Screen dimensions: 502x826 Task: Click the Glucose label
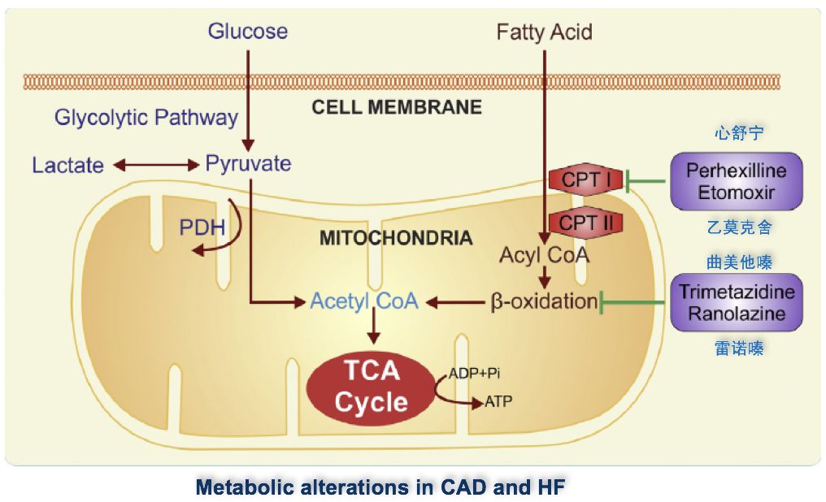(x=248, y=32)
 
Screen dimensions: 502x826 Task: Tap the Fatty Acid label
(x=544, y=32)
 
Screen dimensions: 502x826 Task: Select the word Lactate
(x=68, y=166)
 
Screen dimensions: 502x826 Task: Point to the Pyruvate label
(x=248, y=163)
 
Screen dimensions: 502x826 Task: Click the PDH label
(x=202, y=227)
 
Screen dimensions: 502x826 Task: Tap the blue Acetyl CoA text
(x=363, y=301)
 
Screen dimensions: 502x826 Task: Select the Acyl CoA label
(x=544, y=255)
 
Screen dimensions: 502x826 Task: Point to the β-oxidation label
(x=544, y=301)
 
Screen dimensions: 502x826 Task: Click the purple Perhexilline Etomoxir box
(x=736, y=183)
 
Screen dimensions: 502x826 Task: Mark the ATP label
(x=498, y=401)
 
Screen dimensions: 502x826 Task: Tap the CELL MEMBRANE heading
(x=397, y=107)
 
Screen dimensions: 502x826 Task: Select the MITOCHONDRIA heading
(x=396, y=238)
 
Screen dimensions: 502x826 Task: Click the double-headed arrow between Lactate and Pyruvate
(x=156, y=166)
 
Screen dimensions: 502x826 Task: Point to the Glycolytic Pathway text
(x=146, y=118)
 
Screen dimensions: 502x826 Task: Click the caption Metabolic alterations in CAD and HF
(x=380, y=487)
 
